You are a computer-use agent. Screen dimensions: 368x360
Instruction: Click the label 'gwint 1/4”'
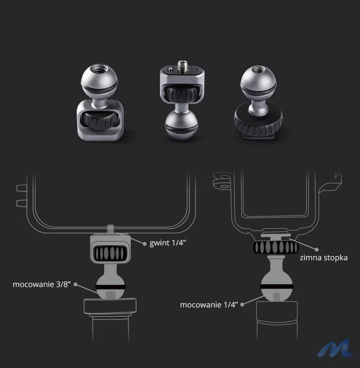(x=168, y=243)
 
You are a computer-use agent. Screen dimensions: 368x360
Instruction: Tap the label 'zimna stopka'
(x=323, y=258)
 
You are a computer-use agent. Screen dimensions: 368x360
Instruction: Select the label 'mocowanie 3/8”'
(x=40, y=284)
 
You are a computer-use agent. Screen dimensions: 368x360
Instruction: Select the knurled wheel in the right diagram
(x=275, y=247)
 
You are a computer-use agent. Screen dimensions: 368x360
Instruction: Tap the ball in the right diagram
(x=276, y=285)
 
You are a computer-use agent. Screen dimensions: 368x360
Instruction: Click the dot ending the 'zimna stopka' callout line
(x=317, y=249)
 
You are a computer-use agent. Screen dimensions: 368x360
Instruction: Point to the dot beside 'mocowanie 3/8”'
(x=76, y=284)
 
